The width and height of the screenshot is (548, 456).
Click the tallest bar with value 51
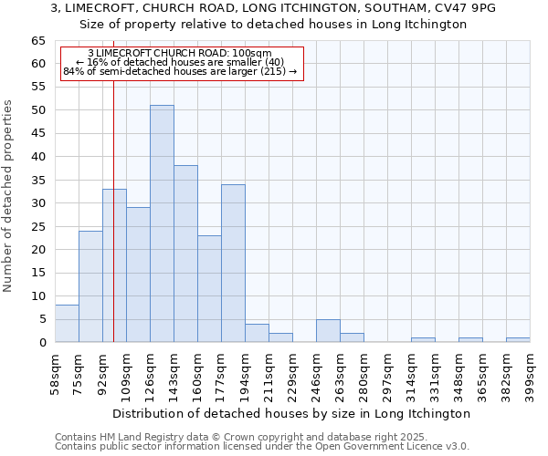coord(162,223)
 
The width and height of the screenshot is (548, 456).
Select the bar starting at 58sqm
coord(67,324)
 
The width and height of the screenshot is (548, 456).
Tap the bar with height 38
coord(185,254)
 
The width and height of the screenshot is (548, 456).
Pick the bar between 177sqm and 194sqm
coord(233,263)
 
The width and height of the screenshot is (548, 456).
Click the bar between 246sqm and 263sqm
coord(328,331)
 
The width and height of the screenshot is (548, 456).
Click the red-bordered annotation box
coord(180,63)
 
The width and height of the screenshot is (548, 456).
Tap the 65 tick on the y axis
coord(37,41)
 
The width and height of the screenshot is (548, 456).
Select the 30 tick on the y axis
coord(37,203)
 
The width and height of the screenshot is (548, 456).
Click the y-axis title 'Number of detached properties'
coord(9,196)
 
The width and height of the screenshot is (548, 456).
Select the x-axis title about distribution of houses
coord(292,413)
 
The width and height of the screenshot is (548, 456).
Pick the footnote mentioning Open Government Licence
coord(262,446)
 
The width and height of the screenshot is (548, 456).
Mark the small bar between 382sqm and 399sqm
coord(518,340)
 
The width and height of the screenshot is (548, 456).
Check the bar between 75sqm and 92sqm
coord(90,286)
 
